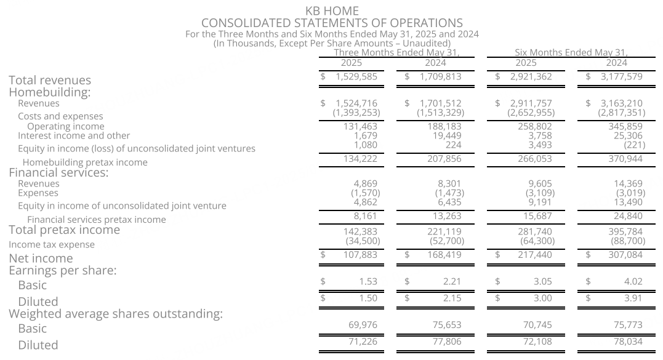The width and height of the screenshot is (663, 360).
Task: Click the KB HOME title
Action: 332,11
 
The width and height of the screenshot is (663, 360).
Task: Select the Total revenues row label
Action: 50,81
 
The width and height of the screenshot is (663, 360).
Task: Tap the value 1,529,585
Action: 356,77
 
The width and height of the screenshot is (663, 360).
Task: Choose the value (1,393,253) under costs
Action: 356,113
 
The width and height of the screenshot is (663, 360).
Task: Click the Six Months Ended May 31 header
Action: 571,53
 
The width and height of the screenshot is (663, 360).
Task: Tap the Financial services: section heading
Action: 58,173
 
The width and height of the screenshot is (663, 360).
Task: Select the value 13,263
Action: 446,216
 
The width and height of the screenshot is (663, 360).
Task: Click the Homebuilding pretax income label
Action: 85,162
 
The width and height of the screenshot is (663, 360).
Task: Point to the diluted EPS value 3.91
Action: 633,298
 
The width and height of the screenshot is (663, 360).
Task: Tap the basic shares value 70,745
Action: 536,325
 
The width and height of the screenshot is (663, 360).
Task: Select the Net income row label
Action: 41,258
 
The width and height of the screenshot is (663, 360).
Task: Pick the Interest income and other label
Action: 74,136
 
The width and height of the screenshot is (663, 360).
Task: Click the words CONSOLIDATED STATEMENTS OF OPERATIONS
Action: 332,23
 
